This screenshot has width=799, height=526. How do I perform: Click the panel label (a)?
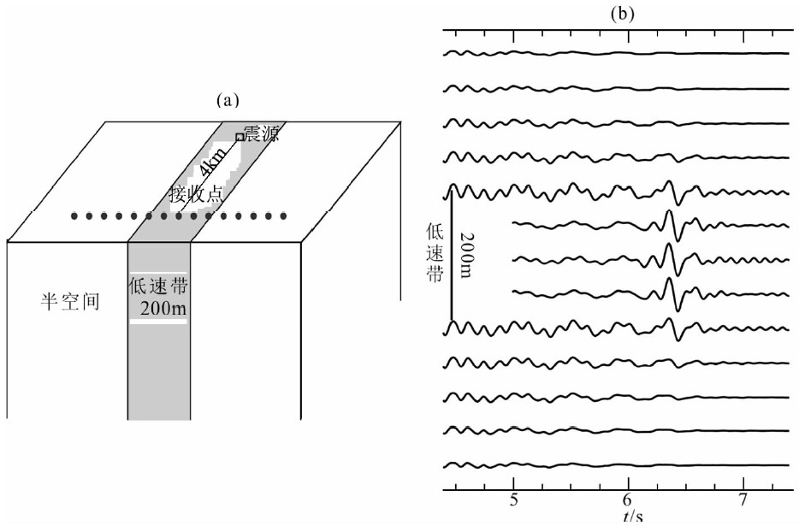226,100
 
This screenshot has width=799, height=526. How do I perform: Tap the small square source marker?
240,136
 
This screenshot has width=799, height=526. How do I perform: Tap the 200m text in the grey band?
157,309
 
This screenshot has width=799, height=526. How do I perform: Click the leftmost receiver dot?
75,216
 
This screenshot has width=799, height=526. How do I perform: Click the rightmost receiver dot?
283,216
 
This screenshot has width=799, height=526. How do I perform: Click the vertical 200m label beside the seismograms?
466,255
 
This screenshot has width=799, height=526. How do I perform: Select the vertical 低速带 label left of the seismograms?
435,254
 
